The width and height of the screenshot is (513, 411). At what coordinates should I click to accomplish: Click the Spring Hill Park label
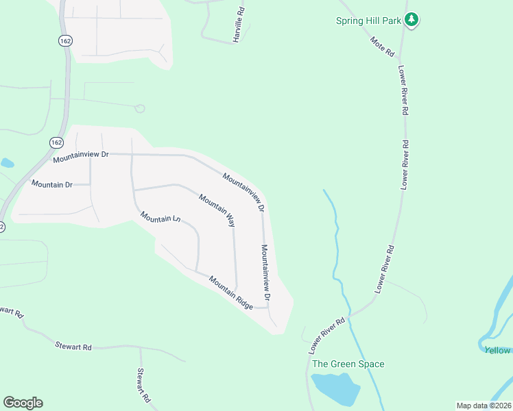click(368, 21)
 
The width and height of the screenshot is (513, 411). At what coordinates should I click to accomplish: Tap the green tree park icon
click(411, 19)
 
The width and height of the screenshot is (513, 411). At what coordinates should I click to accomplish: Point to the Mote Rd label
click(383, 47)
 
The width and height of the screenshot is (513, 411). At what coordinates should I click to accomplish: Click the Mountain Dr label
click(52, 184)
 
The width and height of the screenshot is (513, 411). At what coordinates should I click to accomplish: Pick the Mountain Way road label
click(217, 210)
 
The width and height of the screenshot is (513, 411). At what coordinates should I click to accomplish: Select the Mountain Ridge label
click(231, 292)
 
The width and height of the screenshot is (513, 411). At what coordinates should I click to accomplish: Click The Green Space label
click(348, 364)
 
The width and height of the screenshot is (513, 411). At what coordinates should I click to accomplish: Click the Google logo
click(23, 403)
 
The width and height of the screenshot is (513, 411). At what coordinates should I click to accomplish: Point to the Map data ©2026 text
click(484, 406)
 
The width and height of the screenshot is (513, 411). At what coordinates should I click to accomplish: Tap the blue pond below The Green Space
click(335, 389)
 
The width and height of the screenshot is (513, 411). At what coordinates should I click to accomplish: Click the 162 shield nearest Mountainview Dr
click(56, 142)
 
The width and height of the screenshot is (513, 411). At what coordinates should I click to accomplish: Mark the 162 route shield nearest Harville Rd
click(65, 41)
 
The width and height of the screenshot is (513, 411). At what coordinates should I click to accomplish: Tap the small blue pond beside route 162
click(6, 163)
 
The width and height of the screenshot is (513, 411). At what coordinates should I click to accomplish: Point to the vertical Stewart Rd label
click(143, 386)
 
